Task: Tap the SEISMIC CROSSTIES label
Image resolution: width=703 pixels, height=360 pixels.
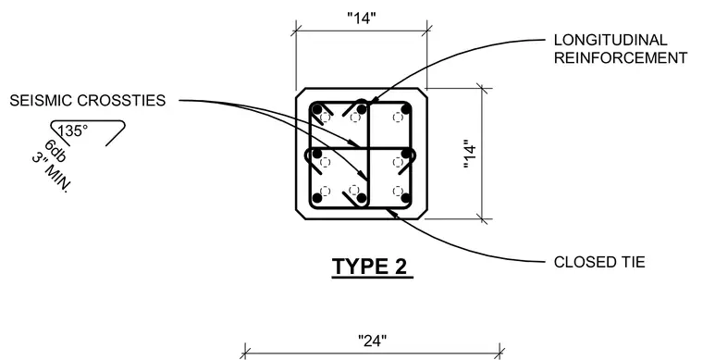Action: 88,101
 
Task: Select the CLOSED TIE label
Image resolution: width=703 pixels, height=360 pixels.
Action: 599,262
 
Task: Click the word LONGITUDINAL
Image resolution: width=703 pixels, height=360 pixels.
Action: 610,40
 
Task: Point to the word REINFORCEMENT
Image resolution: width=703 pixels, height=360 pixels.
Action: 621,57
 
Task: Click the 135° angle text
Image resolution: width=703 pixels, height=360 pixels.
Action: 73,130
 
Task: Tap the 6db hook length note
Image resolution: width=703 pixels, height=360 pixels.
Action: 55,151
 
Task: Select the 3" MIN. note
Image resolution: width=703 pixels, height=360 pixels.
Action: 51,173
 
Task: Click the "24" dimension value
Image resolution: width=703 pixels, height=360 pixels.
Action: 373,341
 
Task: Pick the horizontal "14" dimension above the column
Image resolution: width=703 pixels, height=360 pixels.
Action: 362,19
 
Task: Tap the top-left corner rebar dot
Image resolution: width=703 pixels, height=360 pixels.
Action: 317,109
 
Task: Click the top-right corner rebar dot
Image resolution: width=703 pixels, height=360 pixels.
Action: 406,109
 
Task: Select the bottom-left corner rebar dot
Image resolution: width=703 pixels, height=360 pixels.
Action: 317,198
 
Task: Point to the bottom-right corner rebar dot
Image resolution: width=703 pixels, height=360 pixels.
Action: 406,198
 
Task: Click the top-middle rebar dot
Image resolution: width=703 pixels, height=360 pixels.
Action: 362,109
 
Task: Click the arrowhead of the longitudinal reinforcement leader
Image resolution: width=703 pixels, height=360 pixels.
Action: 373,101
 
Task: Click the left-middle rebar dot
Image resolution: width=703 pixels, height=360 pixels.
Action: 317,154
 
